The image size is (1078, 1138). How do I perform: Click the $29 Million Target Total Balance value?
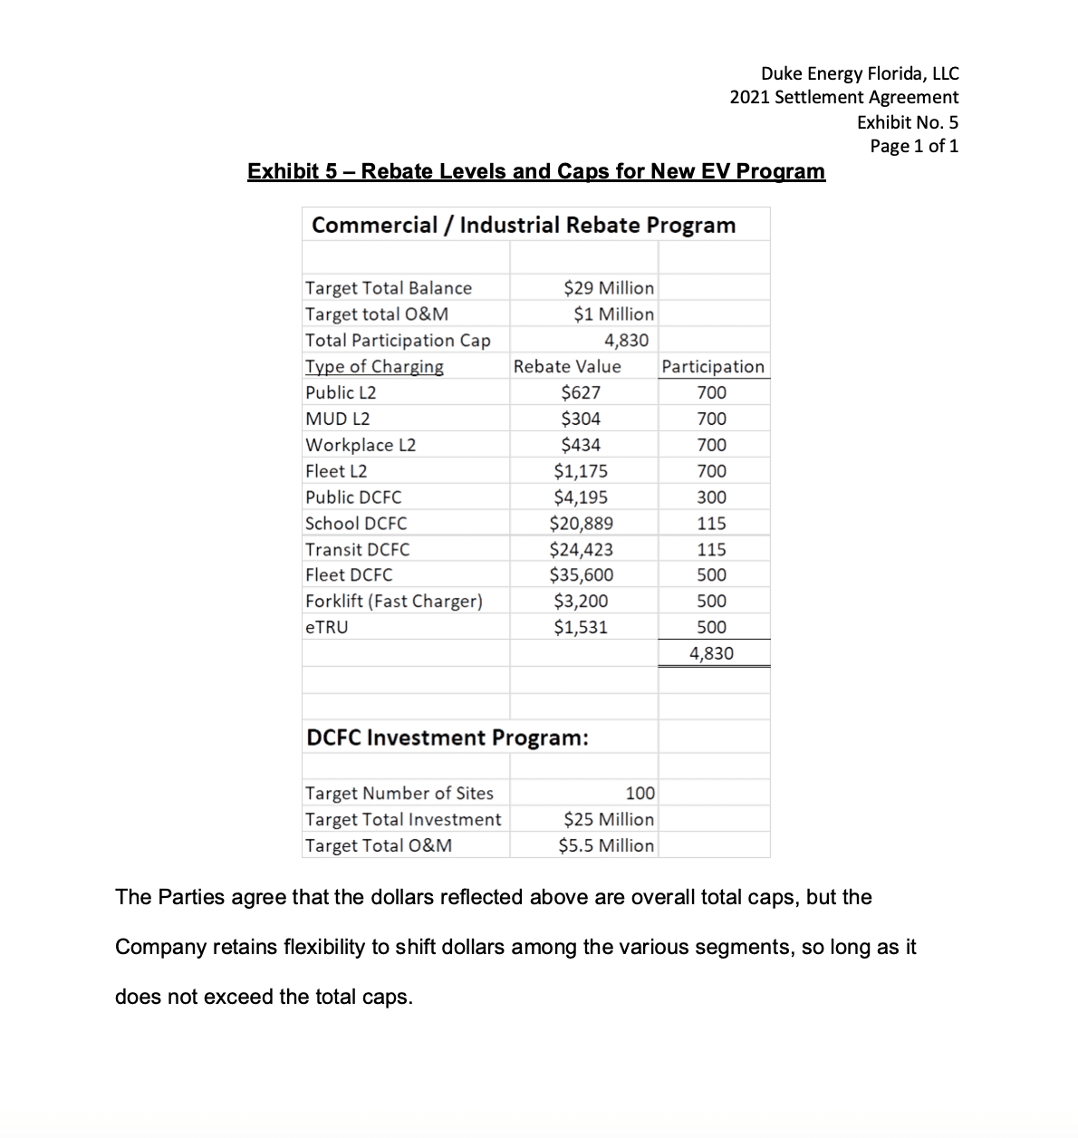[608, 288]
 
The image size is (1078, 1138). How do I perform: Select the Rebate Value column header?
[567, 367]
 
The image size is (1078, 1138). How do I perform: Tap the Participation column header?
[713, 367]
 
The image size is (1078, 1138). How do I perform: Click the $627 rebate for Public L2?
[581, 393]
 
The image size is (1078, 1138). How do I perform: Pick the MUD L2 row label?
[337, 420]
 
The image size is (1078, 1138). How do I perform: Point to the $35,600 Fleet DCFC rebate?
[581, 575]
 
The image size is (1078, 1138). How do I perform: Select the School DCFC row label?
[356, 524]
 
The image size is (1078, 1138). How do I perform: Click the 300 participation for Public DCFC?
[711, 497]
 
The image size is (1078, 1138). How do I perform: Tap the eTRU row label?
[326, 628]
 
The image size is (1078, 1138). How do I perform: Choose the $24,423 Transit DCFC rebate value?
[581, 550]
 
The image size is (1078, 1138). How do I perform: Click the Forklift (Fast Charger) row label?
[394, 602]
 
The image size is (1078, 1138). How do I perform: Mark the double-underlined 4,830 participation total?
[711, 654]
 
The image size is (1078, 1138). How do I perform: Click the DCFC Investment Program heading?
[448, 738]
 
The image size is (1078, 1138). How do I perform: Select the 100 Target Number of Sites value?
[640, 794]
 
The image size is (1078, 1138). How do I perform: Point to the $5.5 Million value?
[606, 846]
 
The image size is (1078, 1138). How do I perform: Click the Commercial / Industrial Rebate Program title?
[524, 226]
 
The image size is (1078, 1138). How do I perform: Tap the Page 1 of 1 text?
[913, 146]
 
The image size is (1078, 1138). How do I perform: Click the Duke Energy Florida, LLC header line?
[859, 73]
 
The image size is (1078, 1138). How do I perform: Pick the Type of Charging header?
[374, 367]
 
